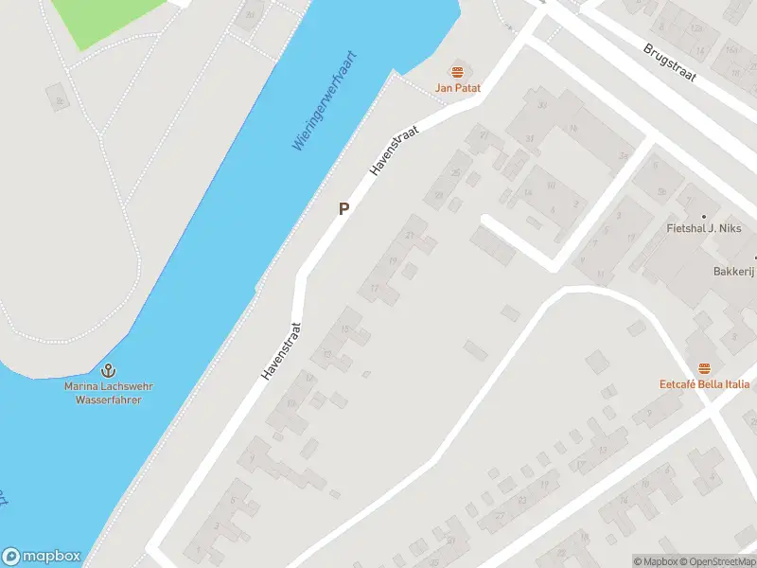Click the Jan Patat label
coord(458,88)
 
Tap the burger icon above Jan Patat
coord(458,72)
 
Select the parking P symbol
coord(344,209)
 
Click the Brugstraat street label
coord(671,65)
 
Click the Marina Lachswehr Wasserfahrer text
coord(109,393)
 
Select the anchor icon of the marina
coord(108,370)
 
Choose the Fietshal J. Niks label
coord(702,228)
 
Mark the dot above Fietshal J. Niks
coord(703,216)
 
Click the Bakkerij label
coord(732,270)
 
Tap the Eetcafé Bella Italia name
coord(704,383)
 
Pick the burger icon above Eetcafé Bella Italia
coord(704,367)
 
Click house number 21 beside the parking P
coord(410,235)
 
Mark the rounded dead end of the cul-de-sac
coord(486,221)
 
